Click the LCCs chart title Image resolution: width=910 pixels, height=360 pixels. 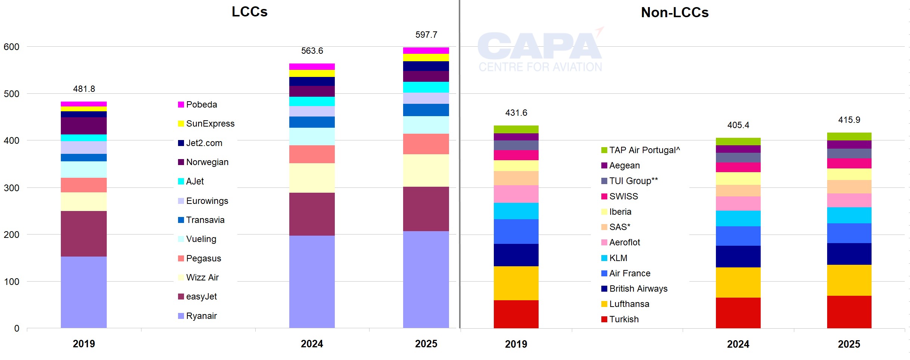pyautogui.click(x=249, y=12)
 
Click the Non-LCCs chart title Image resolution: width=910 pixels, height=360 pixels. pyautogui.click(x=674, y=13)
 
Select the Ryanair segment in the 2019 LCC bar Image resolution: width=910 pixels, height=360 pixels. pyautogui.click(x=84, y=292)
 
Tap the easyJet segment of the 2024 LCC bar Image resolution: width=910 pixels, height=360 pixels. pyautogui.click(x=312, y=214)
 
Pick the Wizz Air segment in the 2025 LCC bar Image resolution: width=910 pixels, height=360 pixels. pyautogui.click(x=426, y=170)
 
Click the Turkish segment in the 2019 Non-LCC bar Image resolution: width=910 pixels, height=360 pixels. pyautogui.click(x=516, y=314)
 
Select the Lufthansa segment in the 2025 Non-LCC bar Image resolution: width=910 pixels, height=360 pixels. pyautogui.click(x=849, y=280)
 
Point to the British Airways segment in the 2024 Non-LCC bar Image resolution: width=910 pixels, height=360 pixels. pyautogui.click(x=738, y=256)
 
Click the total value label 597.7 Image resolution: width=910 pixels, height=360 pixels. pyautogui.click(x=426, y=35)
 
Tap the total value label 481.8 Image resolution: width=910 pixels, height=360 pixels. pyautogui.click(x=84, y=89)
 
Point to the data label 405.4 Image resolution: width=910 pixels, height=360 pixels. pyautogui.click(x=738, y=125)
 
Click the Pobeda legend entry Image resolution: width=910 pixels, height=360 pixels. pyautogui.click(x=197, y=105)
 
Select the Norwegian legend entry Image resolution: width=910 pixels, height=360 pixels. pyautogui.click(x=203, y=162)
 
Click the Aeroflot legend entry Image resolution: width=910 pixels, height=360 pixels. pyautogui.click(x=620, y=242)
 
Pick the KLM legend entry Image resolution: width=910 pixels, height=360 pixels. pyautogui.click(x=614, y=258)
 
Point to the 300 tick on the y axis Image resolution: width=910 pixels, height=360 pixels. pyautogui.click(x=12, y=188)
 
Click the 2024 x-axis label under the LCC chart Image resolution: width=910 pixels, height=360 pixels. pyautogui.click(x=312, y=344)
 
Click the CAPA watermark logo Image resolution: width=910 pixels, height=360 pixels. pyautogui.click(x=540, y=51)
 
